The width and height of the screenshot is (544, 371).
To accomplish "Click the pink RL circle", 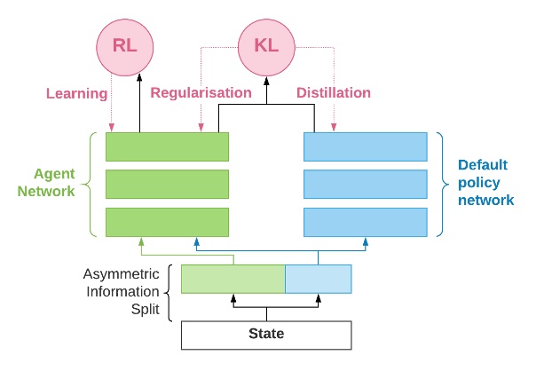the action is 125,47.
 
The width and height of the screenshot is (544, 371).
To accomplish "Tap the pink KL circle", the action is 266,47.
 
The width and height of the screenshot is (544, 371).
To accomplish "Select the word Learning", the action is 76,94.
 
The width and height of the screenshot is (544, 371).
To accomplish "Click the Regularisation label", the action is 201,92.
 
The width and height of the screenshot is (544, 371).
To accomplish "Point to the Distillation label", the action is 334,92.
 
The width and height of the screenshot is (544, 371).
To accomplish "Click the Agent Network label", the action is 46,182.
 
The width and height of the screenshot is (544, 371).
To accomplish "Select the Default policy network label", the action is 485,182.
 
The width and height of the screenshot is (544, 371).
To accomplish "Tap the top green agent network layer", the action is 167,146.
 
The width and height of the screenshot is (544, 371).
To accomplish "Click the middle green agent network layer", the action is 167,184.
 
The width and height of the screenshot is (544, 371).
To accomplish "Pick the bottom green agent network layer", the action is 167,222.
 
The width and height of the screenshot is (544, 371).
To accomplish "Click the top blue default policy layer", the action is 366,146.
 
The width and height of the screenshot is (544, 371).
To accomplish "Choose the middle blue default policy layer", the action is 366,184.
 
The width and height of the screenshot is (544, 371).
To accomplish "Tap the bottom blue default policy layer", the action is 366,222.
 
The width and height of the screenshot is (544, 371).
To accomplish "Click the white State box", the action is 266,335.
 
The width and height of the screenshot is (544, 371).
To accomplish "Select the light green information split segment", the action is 233,279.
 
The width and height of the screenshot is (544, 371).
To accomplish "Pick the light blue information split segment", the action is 318,279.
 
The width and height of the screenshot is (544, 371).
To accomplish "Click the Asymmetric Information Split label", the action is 122,291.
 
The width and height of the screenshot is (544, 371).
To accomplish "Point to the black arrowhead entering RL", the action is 139,77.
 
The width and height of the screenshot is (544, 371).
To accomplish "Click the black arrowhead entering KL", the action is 266,81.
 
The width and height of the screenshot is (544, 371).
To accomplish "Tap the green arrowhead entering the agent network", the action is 141,242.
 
